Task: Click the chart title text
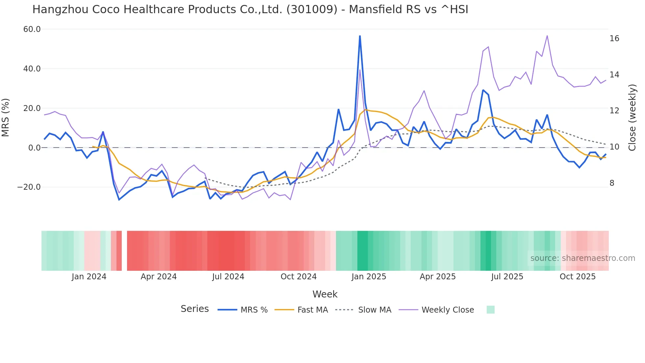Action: tap(250, 10)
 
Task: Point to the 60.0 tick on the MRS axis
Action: tap(32, 29)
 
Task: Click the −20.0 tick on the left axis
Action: tap(29, 187)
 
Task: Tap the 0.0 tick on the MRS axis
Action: tap(34, 148)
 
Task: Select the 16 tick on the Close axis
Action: tap(614, 39)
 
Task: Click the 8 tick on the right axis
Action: tap(612, 183)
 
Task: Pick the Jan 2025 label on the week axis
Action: tap(369, 277)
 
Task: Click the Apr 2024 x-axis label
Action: tap(159, 277)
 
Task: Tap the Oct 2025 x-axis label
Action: tap(578, 277)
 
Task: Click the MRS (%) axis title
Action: tap(6, 117)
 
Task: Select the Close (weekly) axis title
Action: tap(632, 117)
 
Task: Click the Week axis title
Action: tap(325, 294)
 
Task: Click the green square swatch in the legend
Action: tap(490, 310)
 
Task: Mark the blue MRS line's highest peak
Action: tap(360, 36)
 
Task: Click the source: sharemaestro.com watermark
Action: tap(582, 258)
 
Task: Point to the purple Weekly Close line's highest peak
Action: tap(547, 36)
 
